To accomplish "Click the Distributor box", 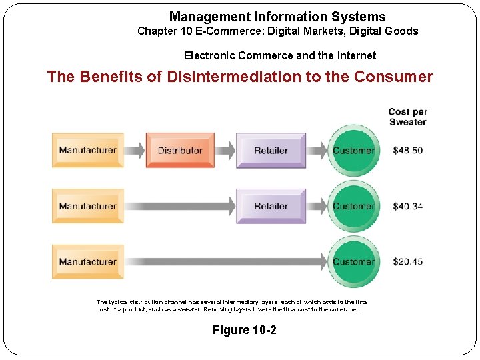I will (180, 150).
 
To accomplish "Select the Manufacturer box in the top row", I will (87, 150).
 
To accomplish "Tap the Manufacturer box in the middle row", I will (87, 206).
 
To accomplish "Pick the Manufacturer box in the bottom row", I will (87, 262).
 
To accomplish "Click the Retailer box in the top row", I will (271, 150).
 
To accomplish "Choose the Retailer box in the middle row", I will (271, 206).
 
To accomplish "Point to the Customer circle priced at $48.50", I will (353, 150).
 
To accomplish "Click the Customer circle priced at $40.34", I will (353, 206).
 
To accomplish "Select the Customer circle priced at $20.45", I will (353, 262).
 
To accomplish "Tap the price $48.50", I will (407, 150).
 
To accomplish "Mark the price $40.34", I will (407, 206).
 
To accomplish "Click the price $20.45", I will (407, 262).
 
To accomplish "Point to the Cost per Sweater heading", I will (407, 117).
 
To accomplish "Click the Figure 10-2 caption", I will (244, 330).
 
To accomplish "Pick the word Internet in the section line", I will (355, 56).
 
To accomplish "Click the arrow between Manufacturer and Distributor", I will (135, 150).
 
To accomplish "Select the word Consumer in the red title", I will (393, 77).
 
